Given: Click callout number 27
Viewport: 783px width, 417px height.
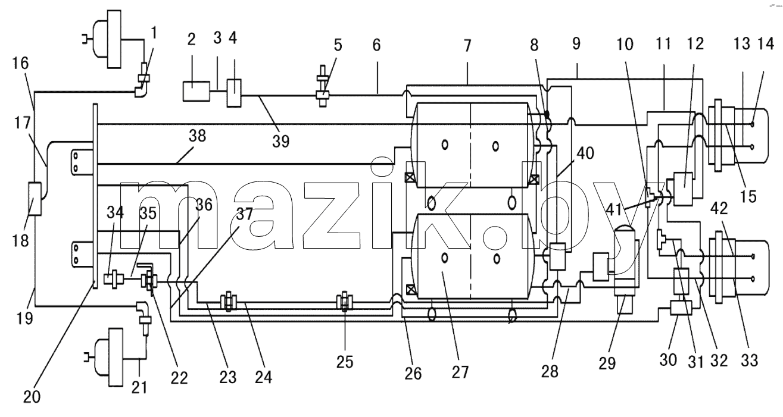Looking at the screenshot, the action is pos(460,372).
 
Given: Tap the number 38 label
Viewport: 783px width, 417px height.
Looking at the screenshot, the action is pos(198,136).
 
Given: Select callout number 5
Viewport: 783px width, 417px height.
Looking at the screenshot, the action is pos(338,45).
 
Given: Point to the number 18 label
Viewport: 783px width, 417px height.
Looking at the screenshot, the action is pos(20,240).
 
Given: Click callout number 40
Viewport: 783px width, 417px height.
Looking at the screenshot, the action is pos(585,153).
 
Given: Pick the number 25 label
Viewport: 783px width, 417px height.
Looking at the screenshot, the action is pos(345,362).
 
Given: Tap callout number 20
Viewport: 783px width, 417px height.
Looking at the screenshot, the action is pos(32,397).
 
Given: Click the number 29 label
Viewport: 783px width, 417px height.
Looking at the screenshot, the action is pos(607,363).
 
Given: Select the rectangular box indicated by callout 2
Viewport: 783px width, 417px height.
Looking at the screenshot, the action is pos(196,91).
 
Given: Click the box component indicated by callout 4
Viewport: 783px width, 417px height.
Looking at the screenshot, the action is pos(234,93).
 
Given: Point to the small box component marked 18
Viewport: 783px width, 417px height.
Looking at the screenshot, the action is pos(35,199).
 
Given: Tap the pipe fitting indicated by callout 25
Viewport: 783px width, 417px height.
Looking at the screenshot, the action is pos(344,303).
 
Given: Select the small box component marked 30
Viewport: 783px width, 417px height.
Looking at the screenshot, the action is pos(681,308).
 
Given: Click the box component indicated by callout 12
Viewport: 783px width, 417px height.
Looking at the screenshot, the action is pos(684,189).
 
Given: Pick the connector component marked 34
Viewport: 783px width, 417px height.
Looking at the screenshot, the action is pos(114,279).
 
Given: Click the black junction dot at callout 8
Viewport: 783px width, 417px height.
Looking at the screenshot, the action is pos(547,114).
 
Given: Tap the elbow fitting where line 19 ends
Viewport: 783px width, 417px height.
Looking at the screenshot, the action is pos(142,308).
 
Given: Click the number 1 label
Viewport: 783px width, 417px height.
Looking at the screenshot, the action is pos(154,33).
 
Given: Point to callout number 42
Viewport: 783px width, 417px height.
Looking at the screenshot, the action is pos(719,208).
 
